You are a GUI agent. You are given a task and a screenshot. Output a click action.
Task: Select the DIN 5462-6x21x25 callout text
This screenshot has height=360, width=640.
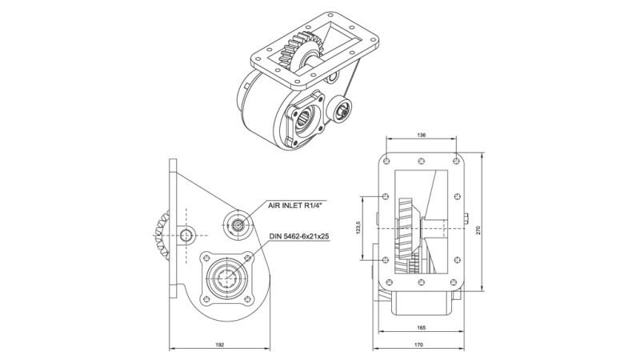(x=301, y=236)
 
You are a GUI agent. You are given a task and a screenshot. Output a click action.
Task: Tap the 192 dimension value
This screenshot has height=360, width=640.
(x=220, y=344)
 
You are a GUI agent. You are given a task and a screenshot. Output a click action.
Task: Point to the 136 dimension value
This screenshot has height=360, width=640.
(x=421, y=135)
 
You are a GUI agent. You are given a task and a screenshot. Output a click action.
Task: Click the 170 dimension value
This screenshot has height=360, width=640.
(x=420, y=344)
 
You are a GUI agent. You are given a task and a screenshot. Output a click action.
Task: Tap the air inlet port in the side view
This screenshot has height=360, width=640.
(x=239, y=224)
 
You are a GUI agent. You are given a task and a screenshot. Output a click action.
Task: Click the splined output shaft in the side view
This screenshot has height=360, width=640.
(x=226, y=281)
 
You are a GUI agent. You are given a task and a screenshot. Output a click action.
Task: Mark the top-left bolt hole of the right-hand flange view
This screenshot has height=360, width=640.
(x=387, y=158)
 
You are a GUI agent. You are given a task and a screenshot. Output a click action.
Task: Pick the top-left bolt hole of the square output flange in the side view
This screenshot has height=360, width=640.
(x=206, y=258)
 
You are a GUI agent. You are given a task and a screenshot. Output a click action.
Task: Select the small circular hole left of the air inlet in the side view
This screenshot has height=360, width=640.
(x=187, y=234)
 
